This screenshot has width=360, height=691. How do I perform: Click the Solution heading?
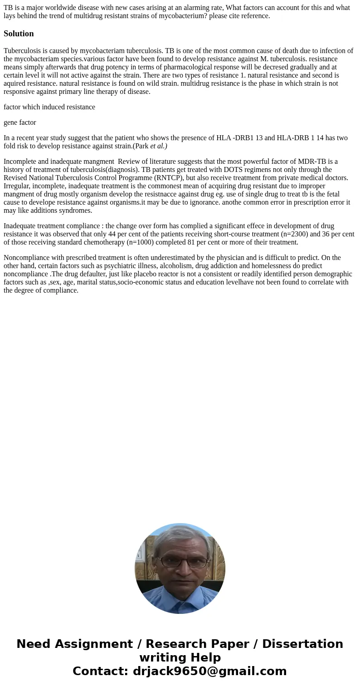(19, 34)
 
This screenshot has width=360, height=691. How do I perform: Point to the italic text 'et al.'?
(159, 146)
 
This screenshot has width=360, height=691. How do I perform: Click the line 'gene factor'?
(20, 123)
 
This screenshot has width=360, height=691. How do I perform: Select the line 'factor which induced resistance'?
(49, 107)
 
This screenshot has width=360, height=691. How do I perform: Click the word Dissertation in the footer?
(302, 644)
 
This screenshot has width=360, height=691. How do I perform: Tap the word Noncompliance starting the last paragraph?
(26, 258)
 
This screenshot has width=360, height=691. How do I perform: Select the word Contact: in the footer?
(101, 671)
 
